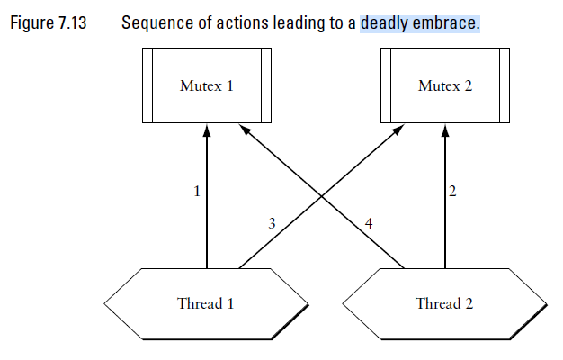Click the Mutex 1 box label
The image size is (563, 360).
(x=207, y=86)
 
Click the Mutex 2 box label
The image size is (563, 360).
(x=443, y=86)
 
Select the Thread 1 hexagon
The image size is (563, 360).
(x=206, y=302)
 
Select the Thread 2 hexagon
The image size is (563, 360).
(x=443, y=302)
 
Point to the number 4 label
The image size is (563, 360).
(x=369, y=223)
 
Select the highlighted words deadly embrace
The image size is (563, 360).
(x=419, y=22)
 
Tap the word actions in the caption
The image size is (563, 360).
(x=237, y=22)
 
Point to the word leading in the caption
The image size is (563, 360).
(x=298, y=22)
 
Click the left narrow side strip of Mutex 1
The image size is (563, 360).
(x=147, y=86)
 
